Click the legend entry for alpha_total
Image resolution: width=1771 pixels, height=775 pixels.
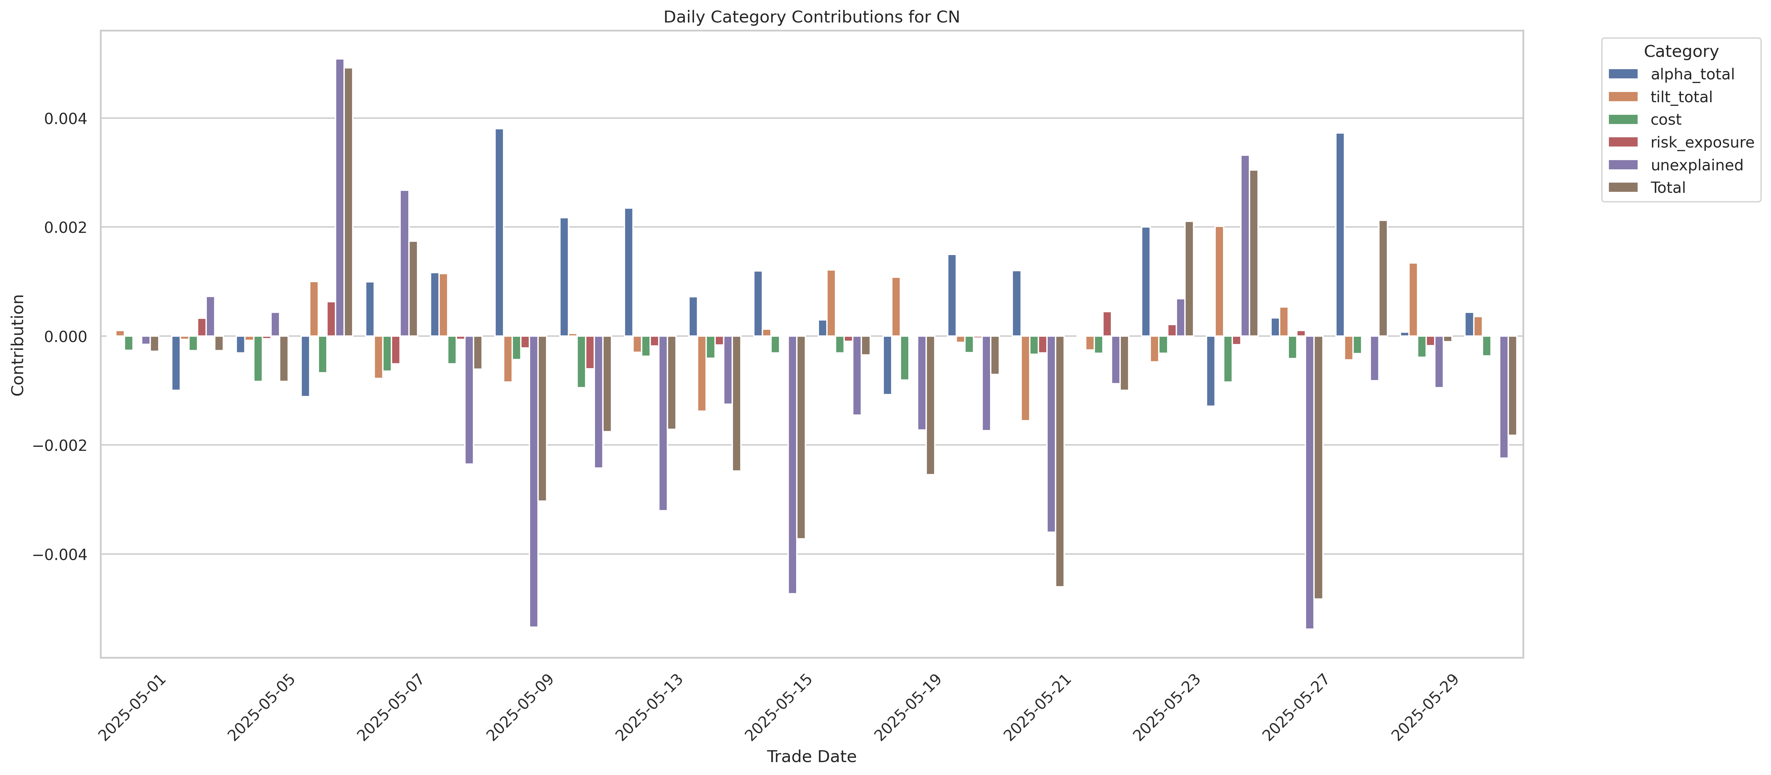click(x=1692, y=74)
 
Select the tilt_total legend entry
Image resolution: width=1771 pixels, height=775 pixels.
click(x=1681, y=97)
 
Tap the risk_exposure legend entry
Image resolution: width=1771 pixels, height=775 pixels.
click(x=1702, y=142)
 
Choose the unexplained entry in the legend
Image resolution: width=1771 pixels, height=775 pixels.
click(x=1696, y=165)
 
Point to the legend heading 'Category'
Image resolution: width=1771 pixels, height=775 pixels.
click(x=1681, y=52)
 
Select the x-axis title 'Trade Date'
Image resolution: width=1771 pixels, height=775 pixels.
click(x=811, y=756)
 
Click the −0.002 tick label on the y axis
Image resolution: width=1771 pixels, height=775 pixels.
click(x=61, y=445)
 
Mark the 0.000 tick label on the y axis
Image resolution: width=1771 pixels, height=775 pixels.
click(x=66, y=337)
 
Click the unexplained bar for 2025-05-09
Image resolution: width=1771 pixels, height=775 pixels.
click(x=533, y=481)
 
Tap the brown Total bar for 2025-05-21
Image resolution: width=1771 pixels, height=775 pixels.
click(x=1060, y=460)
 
